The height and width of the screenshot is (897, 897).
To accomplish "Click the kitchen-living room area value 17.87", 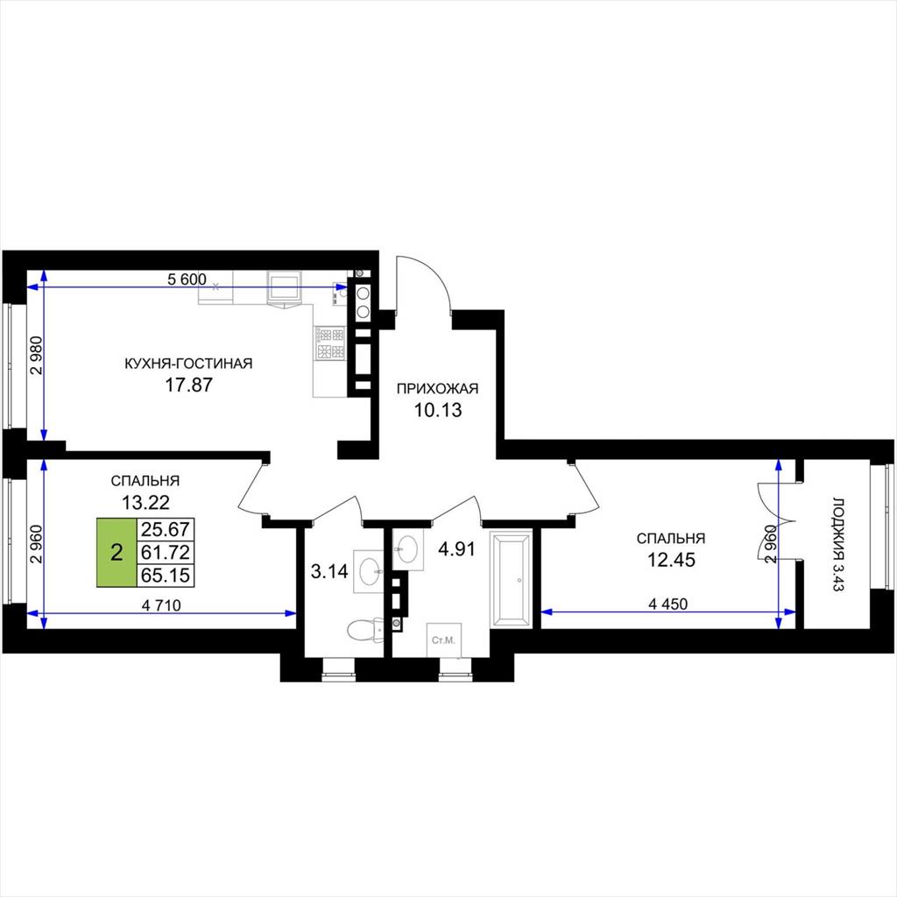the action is coord(188,385).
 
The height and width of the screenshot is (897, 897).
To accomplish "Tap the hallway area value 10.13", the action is coord(438,410).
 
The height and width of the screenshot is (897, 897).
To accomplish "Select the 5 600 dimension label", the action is coord(187,279).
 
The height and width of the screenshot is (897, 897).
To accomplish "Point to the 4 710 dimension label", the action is coord(161,605).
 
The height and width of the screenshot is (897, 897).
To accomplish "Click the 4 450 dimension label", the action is coord(668,604).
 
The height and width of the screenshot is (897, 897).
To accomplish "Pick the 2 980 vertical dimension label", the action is coord(36,356).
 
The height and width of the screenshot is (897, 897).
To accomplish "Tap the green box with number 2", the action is coord(117,553).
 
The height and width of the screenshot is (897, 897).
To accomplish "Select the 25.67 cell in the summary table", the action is coord(166,529).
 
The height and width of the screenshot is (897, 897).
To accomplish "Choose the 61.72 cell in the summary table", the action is coord(166,553).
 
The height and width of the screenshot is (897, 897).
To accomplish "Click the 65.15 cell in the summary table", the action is coord(166,576).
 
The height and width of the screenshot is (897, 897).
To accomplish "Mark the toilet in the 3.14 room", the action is coord(365,629).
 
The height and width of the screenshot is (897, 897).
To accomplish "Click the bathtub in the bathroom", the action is coord(512,578).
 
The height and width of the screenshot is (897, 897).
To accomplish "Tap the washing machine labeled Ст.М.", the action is coord(444,640).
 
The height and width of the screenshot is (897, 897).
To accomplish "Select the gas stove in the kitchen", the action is coord(330,343).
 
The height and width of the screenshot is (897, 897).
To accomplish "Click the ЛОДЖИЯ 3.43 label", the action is coord(838,545).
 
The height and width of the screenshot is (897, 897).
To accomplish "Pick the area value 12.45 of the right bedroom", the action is coord(671,560).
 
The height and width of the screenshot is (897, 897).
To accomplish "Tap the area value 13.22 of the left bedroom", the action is coord(145,502).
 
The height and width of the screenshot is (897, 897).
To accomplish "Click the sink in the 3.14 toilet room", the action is coord(369,571).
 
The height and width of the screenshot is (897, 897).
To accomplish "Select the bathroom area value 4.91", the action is coord(456,549).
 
